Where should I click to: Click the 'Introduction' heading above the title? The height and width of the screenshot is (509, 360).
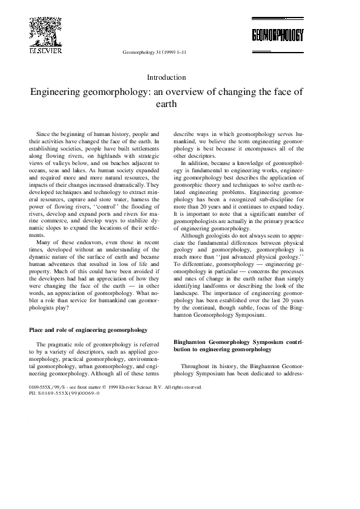click(166, 77)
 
